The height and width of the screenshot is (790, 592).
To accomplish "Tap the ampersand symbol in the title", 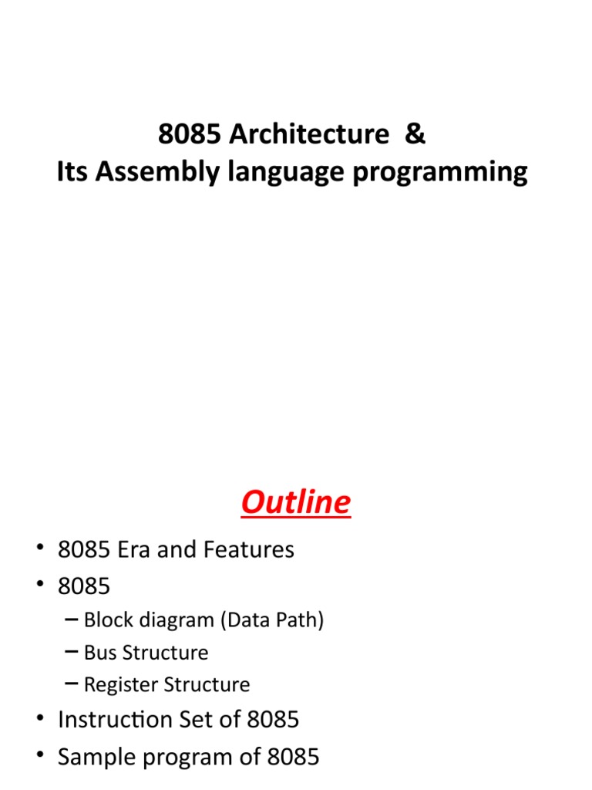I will click(414, 134).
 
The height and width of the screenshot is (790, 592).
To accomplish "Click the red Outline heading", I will click(295, 503).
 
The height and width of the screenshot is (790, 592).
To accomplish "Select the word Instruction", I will click(123, 720).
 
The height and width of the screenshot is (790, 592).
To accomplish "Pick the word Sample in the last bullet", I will click(97, 757).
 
